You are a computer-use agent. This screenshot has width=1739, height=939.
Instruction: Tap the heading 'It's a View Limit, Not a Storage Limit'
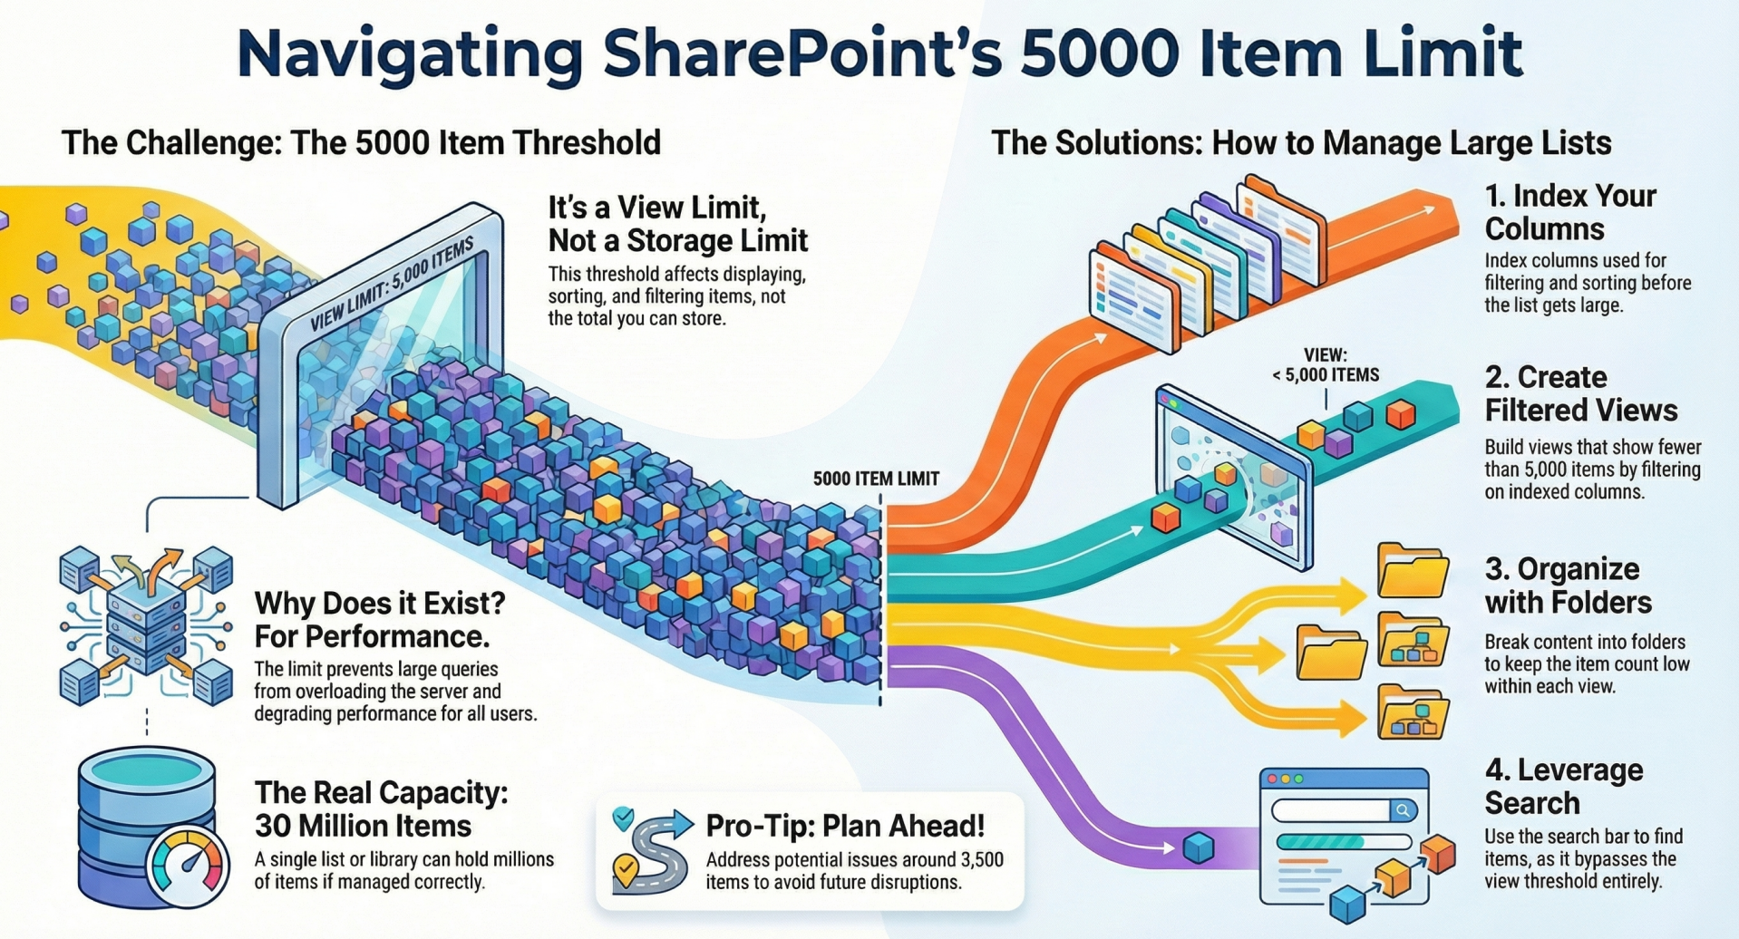pyautogui.click(x=677, y=224)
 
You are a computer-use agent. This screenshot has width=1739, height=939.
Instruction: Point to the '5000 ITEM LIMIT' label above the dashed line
pyautogui.click(x=876, y=479)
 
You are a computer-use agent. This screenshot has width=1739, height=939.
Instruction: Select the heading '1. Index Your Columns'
pyautogui.click(x=1570, y=212)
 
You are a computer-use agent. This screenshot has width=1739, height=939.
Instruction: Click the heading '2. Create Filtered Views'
pyautogui.click(x=1580, y=393)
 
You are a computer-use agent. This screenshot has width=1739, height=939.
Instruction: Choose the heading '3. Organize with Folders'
pyautogui.click(x=1568, y=586)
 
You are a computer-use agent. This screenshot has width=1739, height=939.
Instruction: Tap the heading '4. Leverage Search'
pyautogui.click(x=1564, y=786)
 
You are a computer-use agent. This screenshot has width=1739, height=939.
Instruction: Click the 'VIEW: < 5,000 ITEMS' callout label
pyautogui.click(x=1326, y=364)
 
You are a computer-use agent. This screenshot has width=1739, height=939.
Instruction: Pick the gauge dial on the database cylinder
pyautogui.click(x=189, y=865)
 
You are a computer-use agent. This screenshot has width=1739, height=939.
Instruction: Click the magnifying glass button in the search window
pyautogui.click(x=1402, y=810)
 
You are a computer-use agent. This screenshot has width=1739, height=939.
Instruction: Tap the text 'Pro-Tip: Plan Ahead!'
pyautogui.click(x=844, y=826)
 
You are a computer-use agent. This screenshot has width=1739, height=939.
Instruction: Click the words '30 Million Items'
pyautogui.click(x=363, y=826)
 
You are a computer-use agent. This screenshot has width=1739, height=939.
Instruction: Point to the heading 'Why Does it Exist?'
pyautogui.click(x=380, y=603)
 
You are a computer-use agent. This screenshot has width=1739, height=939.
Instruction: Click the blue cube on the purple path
pyautogui.click(x=1198, y=847)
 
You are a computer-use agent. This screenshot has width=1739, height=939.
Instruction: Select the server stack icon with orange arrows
pyautogui.click(x=146, y=625)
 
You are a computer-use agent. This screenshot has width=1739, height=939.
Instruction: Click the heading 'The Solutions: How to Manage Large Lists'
pyautogui.click(x=1301, y=143)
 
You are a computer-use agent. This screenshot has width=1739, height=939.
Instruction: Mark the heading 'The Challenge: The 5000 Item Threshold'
pyautogui.click(x=361, y=143)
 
